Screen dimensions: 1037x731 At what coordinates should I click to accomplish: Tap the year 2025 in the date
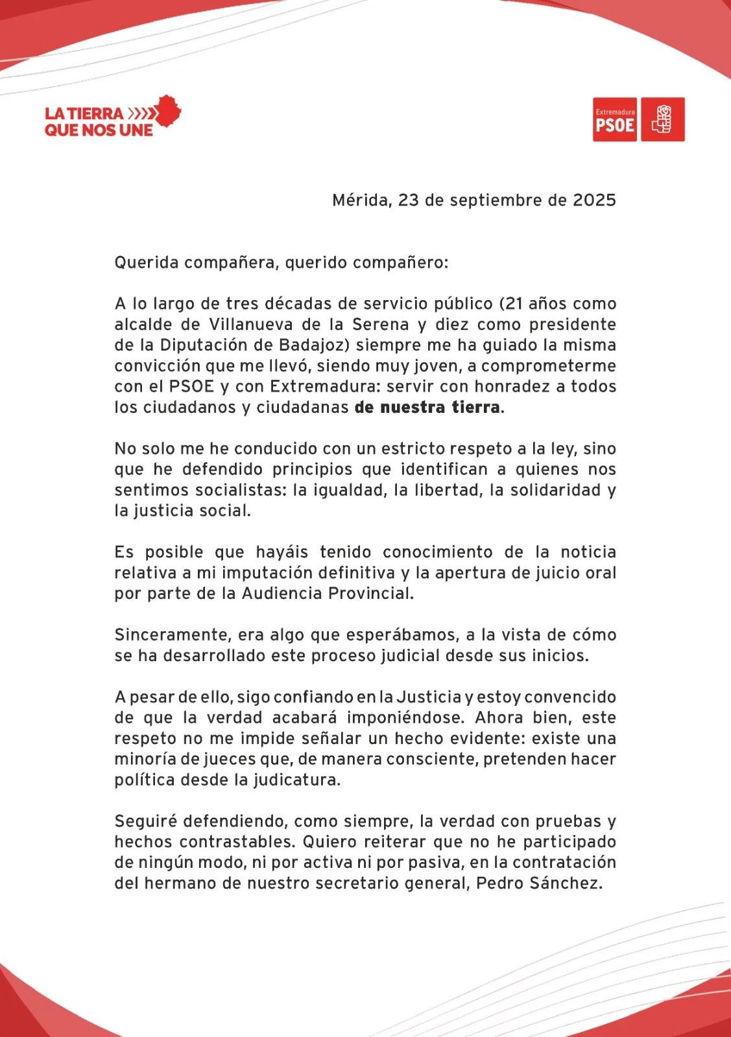[594, 200]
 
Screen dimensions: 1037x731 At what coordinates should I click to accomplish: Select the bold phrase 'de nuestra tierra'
[427, 408]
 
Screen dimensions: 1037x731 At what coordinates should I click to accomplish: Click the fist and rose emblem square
[663, 119]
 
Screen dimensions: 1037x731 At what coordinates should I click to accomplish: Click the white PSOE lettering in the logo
[615, 124]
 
